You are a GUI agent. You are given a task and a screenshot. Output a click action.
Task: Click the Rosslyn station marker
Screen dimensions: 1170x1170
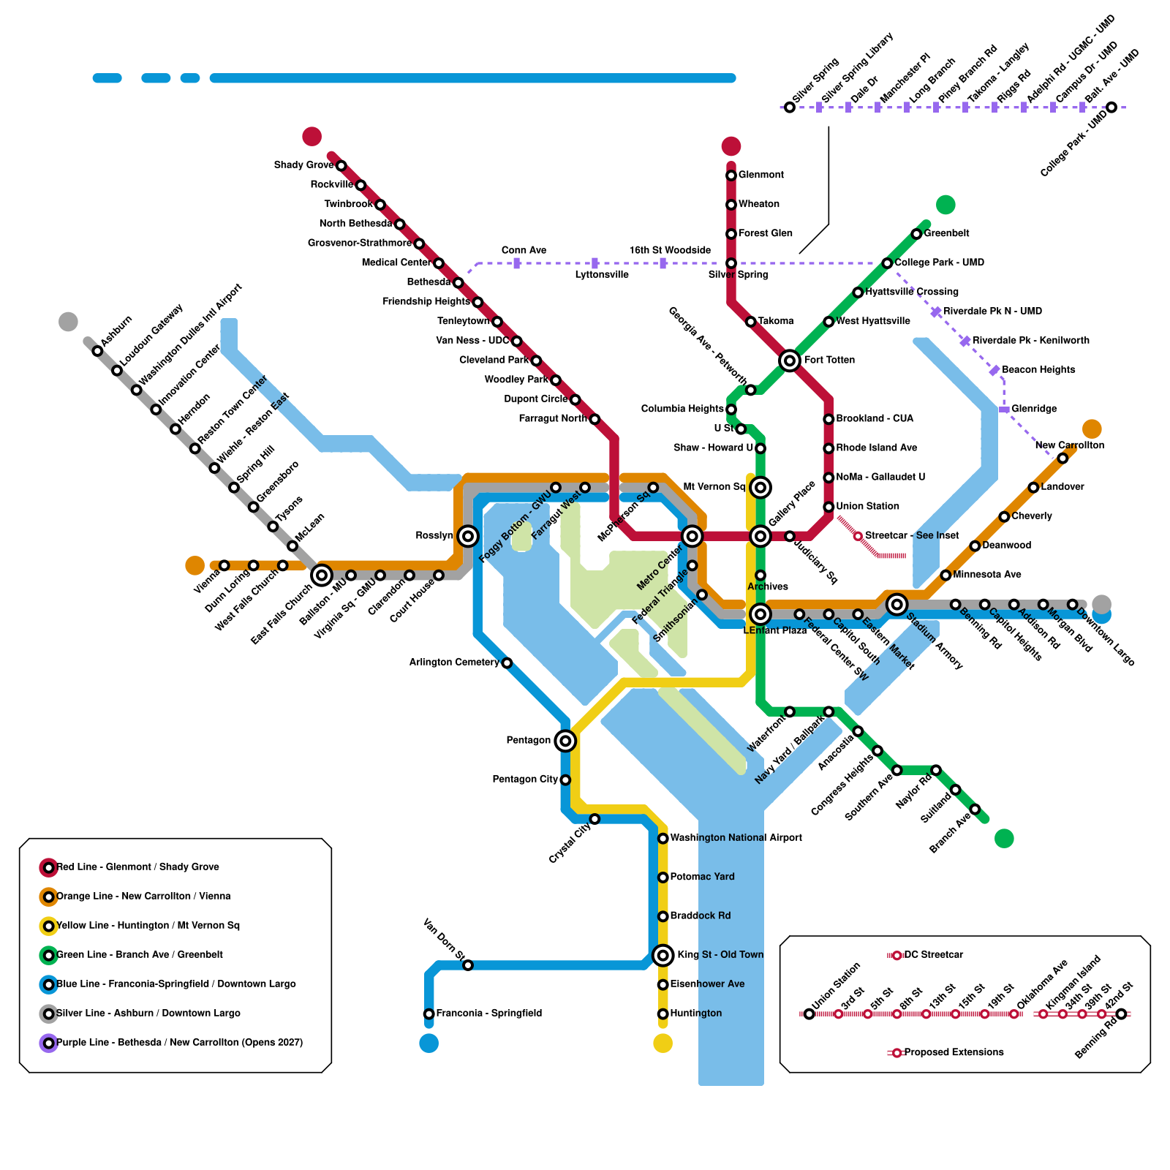[468, 536]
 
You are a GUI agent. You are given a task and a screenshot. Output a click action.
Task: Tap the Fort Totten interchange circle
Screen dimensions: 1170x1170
[790, 361]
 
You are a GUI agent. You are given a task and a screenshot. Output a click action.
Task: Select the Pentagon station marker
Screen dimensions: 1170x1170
[565, 741]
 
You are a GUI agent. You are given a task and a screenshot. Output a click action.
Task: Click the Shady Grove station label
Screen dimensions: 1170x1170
[303, 165]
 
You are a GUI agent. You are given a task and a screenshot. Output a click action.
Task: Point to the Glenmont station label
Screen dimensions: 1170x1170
[760, 175]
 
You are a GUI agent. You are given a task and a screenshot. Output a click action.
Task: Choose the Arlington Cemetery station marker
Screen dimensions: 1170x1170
[507, 663]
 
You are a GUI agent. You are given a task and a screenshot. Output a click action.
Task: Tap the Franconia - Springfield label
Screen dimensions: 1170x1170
[488, 1014]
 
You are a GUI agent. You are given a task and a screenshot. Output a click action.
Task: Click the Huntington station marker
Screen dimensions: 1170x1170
[663, 1014]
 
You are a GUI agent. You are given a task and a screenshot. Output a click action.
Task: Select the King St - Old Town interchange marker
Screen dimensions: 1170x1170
[663, 955]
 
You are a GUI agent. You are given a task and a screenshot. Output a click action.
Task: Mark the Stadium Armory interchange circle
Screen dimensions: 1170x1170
[897, 604]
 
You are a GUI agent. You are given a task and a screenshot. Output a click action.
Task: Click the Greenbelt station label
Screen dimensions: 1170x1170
[946, 233]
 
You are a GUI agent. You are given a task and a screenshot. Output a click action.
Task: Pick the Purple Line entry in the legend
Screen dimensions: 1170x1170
[179, 1043]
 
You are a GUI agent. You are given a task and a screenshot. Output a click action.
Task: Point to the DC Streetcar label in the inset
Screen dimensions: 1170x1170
[933, 955]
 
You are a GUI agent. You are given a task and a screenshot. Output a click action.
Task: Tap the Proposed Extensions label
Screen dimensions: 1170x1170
[954, 1052]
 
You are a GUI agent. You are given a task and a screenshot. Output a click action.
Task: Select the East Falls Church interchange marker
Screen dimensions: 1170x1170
[322, 575]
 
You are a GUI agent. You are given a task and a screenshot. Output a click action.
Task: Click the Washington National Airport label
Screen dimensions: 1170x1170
[736, 838]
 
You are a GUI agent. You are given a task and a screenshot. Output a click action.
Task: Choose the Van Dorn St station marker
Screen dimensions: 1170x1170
[468, 965]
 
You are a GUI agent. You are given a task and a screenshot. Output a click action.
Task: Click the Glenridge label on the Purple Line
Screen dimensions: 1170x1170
[1034, 409]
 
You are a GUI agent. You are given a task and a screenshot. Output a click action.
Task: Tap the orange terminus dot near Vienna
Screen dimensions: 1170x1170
[195, 565]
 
